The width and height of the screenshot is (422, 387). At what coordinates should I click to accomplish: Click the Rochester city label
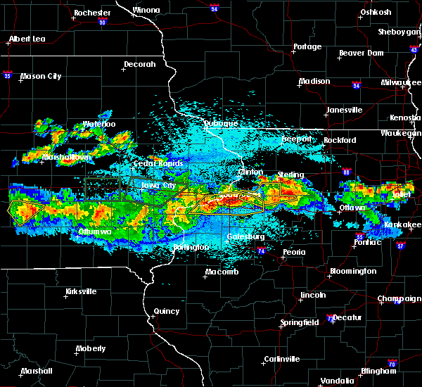pos(92,13)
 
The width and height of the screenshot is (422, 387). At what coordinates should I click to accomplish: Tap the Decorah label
pos(139,64)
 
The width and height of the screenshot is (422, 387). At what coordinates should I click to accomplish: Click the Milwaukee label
pos(399,82)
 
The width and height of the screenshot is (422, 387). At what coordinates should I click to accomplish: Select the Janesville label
pos(345,110)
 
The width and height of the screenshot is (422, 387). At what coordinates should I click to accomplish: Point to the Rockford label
pos(340,140)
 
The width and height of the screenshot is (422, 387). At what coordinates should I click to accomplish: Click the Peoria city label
pos(293,252)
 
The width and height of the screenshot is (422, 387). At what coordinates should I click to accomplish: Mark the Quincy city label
pos(167,311)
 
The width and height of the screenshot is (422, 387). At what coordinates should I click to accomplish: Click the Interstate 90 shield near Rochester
pos(102,23)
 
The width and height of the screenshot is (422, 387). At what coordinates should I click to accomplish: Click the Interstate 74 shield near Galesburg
pos(260,250)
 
